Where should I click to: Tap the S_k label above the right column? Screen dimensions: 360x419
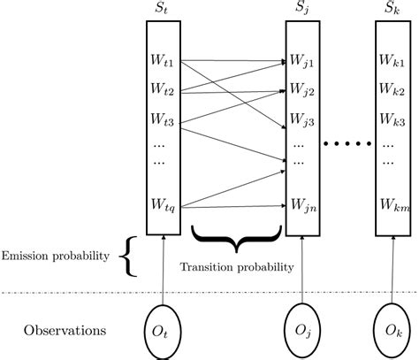tap(392, 10)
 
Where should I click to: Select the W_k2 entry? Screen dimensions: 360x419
tap(393, 90)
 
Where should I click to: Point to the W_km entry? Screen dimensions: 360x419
tap(393, 205)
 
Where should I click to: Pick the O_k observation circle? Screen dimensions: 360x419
tap(392, 332)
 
